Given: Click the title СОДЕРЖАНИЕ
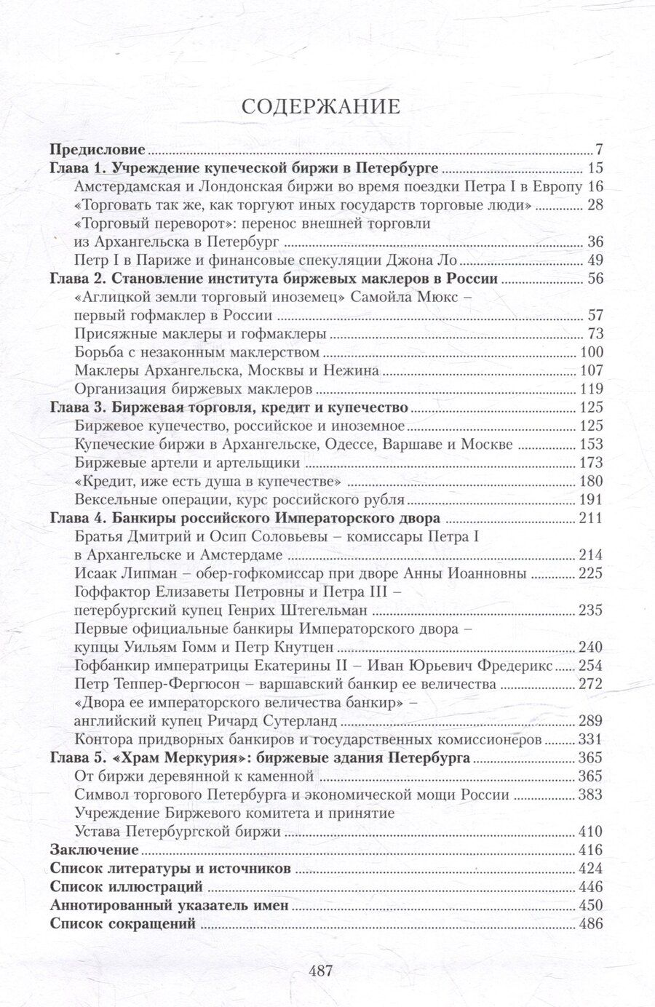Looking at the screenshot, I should [x=321, y=106].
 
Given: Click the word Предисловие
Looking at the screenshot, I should [x=98, y=151].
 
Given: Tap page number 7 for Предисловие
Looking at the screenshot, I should [x=599, y=151].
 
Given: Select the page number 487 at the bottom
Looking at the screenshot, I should [x=321, y=970].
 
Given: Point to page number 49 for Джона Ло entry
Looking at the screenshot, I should [x=595, y=260].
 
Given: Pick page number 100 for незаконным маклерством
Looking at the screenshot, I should [x=590, y=352].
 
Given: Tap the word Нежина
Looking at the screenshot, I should [x=353, y=370].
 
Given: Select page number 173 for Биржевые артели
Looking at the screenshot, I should [x=590, y=462].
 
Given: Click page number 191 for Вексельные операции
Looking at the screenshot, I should [x=590, y=499].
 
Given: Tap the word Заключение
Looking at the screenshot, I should [x=94, y=850].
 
